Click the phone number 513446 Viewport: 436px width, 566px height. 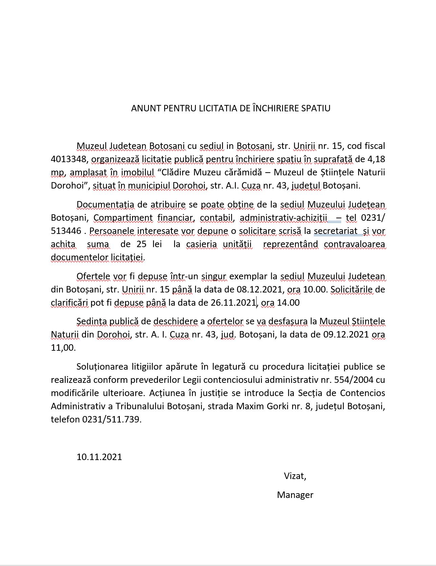click(x=66, y=231)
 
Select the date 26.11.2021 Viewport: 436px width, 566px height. click(x=233, y=303)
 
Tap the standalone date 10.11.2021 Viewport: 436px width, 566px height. click(x=99, y=457)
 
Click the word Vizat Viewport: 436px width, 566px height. click(x=295, y=476)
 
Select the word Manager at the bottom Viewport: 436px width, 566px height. click(x=295, y=495)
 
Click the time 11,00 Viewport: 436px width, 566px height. click(x=63, y=348)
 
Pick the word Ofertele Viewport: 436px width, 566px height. click(x=93, y=276)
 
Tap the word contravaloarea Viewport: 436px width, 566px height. click(x=354, y=244)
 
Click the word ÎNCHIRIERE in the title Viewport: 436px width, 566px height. click(x=274, y=108)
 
